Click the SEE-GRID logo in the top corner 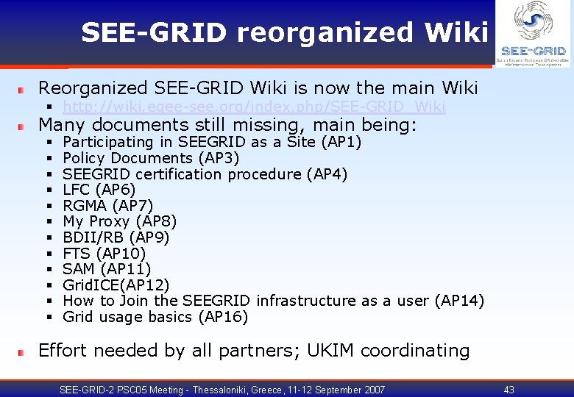click(x=533, y=33)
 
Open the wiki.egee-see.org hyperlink click(x=254, y=107)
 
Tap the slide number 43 click(x=509, y=390)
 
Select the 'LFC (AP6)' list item click(x=99, y=190)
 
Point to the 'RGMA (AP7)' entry click(x=107, y=206)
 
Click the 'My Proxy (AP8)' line click(x=119, y=221)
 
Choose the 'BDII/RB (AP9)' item click(x=116, y=237)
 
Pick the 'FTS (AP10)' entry click(x=104, y=254)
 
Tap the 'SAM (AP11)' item click(x=107, y=269)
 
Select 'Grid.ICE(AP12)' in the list click(x=116, y=285)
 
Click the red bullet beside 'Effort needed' click(x=22, y=352)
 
